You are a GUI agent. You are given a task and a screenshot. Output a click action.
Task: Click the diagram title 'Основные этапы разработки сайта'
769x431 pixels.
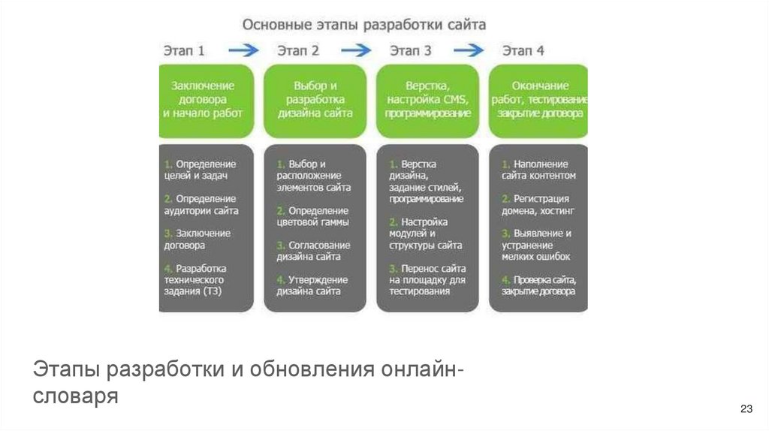364,24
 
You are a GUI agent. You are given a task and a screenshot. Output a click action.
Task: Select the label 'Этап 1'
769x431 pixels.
184,51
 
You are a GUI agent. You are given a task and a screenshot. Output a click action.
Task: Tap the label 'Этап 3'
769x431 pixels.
411,51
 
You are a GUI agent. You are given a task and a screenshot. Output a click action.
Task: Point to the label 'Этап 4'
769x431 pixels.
523,51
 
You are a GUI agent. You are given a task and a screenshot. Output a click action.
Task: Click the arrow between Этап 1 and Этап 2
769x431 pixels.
243,51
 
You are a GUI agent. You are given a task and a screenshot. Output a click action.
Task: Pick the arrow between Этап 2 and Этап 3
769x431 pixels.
356,51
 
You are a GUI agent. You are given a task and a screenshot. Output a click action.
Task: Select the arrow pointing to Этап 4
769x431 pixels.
469,51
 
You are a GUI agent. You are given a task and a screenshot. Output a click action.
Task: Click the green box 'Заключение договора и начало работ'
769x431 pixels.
203,100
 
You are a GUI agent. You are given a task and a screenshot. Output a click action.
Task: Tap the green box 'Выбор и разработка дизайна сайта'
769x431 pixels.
315,100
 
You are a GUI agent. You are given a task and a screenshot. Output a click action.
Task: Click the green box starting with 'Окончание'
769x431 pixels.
540,100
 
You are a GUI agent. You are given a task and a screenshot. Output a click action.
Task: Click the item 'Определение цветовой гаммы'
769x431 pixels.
313,216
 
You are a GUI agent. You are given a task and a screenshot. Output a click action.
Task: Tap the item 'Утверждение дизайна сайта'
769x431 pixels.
312,285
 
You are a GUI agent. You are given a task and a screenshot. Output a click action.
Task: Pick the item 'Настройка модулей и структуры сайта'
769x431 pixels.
426,234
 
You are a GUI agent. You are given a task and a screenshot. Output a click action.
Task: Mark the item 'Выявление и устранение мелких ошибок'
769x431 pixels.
537,245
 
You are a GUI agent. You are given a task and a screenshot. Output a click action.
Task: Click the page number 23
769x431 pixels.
746,408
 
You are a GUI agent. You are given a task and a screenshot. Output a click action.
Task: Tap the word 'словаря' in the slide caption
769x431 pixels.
75,396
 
